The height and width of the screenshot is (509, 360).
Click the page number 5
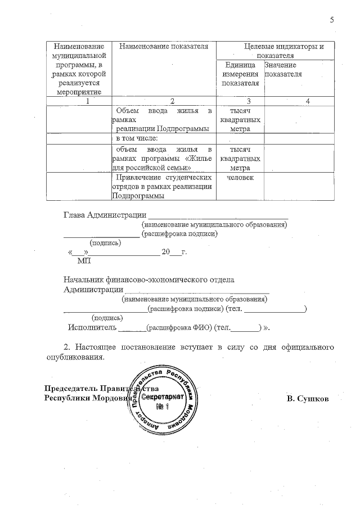332,20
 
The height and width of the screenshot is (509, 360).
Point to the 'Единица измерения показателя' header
240,74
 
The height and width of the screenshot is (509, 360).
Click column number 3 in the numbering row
240,101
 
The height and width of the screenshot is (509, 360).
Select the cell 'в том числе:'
137,138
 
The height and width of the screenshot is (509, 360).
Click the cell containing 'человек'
240,178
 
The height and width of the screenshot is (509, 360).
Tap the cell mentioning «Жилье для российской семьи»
164,159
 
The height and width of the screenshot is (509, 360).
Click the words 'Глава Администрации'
104,215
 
